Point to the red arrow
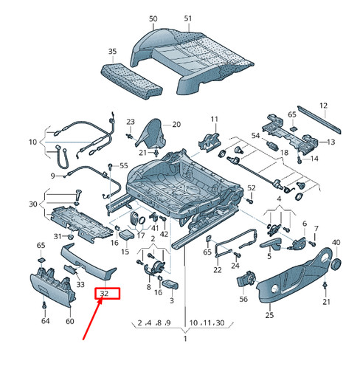[92, 319]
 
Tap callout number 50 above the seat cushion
[153, 18]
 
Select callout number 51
[188, 18]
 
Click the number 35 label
[112, 52]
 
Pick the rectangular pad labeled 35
[132, 81]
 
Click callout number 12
[324, 106]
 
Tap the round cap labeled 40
[336, 264]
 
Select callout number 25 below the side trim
[269, 315]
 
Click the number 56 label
[243, 299]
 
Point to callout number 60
[70, 321]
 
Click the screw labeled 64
[44, 305]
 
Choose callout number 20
[176, 125]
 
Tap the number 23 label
[131, 122]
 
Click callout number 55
[124, 165]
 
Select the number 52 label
[252, 188]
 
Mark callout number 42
[164, 234]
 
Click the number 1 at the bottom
[185, 339]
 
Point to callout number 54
[256, 136]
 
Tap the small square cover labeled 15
[127, 234]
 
